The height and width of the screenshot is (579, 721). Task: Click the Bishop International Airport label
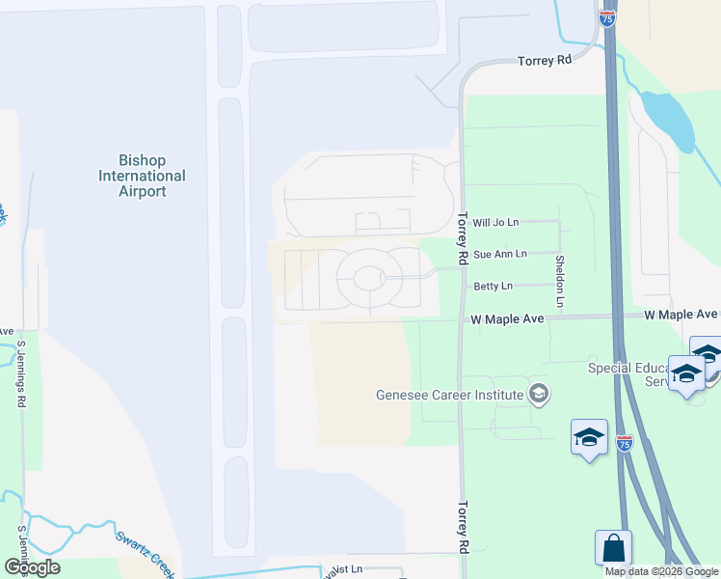point(142,176)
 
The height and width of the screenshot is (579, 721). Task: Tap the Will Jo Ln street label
point(495,222)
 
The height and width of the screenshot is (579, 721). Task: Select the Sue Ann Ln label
point(500,254)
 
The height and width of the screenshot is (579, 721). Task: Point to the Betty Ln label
point(493,286)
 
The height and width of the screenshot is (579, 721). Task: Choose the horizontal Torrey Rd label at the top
point(545,60)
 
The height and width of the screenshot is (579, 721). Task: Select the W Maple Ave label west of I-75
point(508,318)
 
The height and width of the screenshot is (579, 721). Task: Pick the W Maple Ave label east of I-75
point(682,315)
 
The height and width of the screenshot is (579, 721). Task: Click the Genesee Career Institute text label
point(449,394)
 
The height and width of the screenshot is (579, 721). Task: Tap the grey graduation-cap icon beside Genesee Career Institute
point(539,393)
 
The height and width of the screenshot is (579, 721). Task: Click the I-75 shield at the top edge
point(608,17)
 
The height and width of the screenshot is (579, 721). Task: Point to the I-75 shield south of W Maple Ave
point(625,443)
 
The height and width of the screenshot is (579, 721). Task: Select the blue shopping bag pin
point(613,549)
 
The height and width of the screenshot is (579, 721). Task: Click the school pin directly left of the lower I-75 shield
point(589,439)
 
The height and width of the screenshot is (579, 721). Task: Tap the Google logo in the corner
point(32,567)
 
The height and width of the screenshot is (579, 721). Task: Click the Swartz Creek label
point(144,549)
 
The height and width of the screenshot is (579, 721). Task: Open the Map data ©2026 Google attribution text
point(660,571)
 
